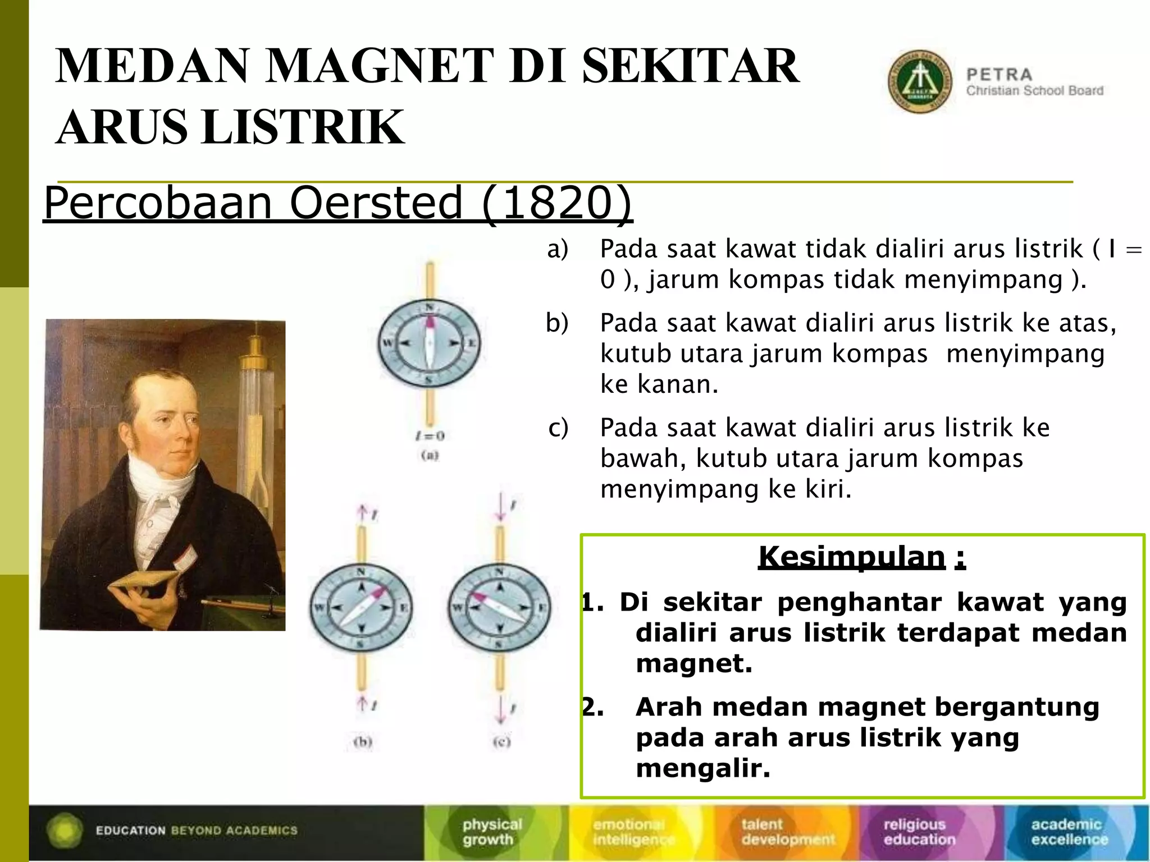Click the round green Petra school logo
919,82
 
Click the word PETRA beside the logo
999,75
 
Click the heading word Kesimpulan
852,557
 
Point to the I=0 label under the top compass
430,435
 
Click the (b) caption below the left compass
363,742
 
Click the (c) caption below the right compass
501,742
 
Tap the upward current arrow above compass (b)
363,512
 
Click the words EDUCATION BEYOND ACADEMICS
197,831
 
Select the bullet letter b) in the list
557,323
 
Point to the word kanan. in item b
678,384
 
